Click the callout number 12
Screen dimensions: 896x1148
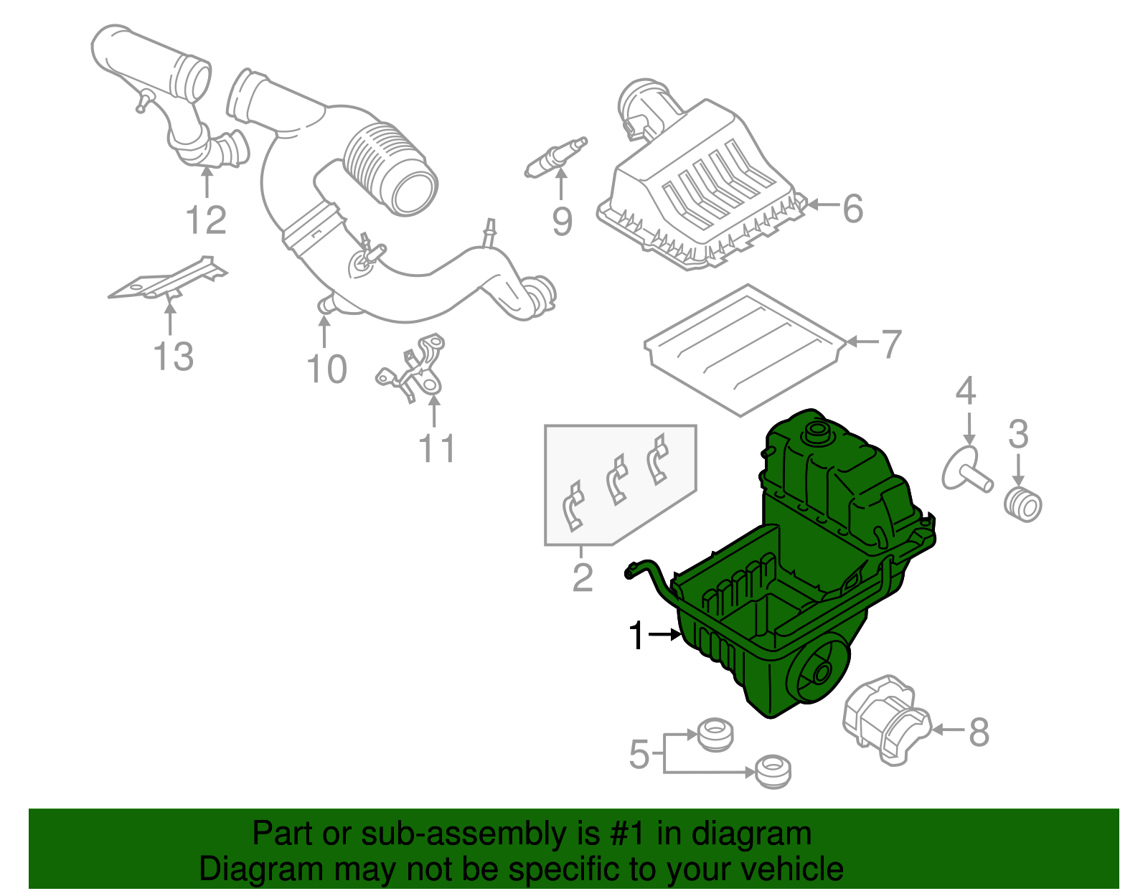[207, 220]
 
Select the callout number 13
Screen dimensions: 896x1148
[174, 357]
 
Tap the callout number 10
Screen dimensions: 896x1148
[326, 369]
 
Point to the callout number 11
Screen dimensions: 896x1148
[437, 449]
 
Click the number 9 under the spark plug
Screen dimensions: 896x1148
[563, 221]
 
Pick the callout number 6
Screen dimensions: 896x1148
[852, 209]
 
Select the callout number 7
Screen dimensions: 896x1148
[890, 344]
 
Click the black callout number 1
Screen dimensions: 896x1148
[636, 636]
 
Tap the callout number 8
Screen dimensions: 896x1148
[979, 732]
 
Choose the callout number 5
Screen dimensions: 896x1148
[639, 755]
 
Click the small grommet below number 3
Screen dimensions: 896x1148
[1022, 504]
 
